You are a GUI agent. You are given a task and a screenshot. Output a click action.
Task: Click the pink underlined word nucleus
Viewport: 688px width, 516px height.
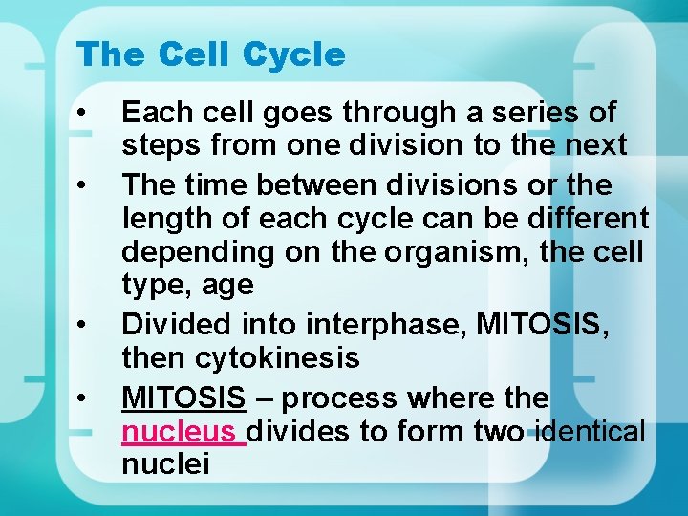[181, 432]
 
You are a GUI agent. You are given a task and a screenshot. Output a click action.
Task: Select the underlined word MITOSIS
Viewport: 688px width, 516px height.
[183, 397]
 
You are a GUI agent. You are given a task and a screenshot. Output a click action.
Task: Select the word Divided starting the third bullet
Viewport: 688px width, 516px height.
[171, 325]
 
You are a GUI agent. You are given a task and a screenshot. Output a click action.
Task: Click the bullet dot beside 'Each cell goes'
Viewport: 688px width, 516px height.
[84, 113]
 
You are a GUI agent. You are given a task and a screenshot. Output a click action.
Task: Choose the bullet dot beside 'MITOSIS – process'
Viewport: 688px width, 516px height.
[84, 397]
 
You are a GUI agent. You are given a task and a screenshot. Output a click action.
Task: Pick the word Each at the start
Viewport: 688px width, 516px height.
[151, 113]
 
